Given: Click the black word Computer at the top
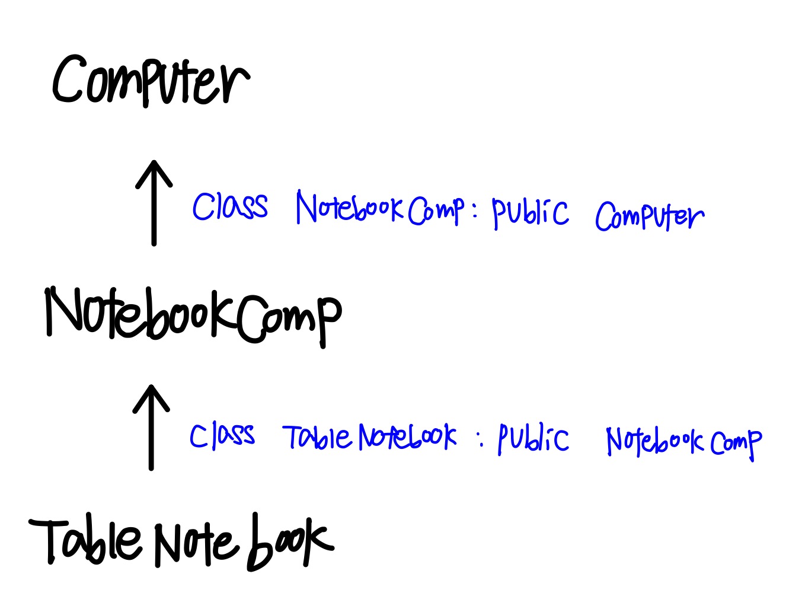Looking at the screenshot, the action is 151,81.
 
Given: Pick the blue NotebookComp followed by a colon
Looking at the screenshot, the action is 380,209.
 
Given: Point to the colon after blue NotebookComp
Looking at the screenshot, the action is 475,210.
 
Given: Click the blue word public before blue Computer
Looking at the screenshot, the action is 530,212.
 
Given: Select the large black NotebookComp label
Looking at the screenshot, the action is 193,315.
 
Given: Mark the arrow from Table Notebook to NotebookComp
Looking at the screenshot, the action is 151,427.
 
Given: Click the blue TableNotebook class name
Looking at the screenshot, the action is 370,437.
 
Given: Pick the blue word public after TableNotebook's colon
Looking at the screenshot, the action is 533,439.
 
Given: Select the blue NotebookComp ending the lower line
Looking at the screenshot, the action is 683,442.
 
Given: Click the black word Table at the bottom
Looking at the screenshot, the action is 86,541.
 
